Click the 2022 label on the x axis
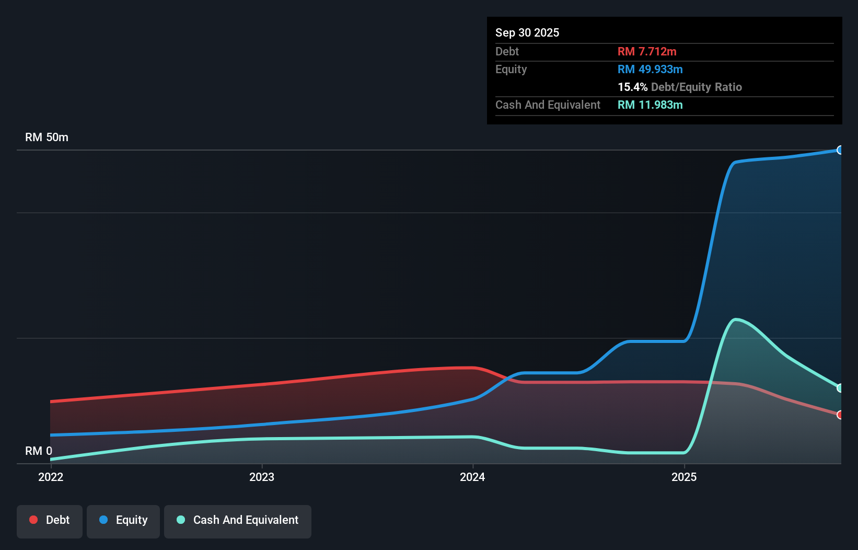pyautogui.click(x=51, y=477)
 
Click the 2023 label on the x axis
pyautogui.click(x=262, y=477)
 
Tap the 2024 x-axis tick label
pyautogui.click(x=472, y=477)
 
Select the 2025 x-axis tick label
pyautogui.click(x=684, y=477)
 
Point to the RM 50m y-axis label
pyautogui.click(x=47, y=137)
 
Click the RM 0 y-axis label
pyautogui.click(x=39, y=451)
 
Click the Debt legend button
pyautogui.click(x=50, y=520)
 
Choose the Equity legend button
pyautogui.click(x=123, y=520)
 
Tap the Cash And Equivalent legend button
pyautogui.click(x=238, y=520)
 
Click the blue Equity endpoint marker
pyautogui.click(x=840, y=150)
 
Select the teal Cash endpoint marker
pyautogui.click(x=840, y=388)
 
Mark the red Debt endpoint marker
pyautogui.click(x=840, y=415)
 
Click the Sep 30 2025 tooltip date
pyautogui.click(x=527, y=32)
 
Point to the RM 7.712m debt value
pyautogui.click(x=647, y=51)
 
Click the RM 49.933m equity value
pyautogui.click(x=650, y=69)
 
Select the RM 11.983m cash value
pyautogui.click(x=650, y=105)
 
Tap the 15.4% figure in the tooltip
pyautogui.click(x=632, y=87)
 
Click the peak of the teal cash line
pyautogui.click(x=736, y=319)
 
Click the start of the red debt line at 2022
pyautogui.click(x=51, y=402)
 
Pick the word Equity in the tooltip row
pyautogui.click(x=511, y=69)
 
